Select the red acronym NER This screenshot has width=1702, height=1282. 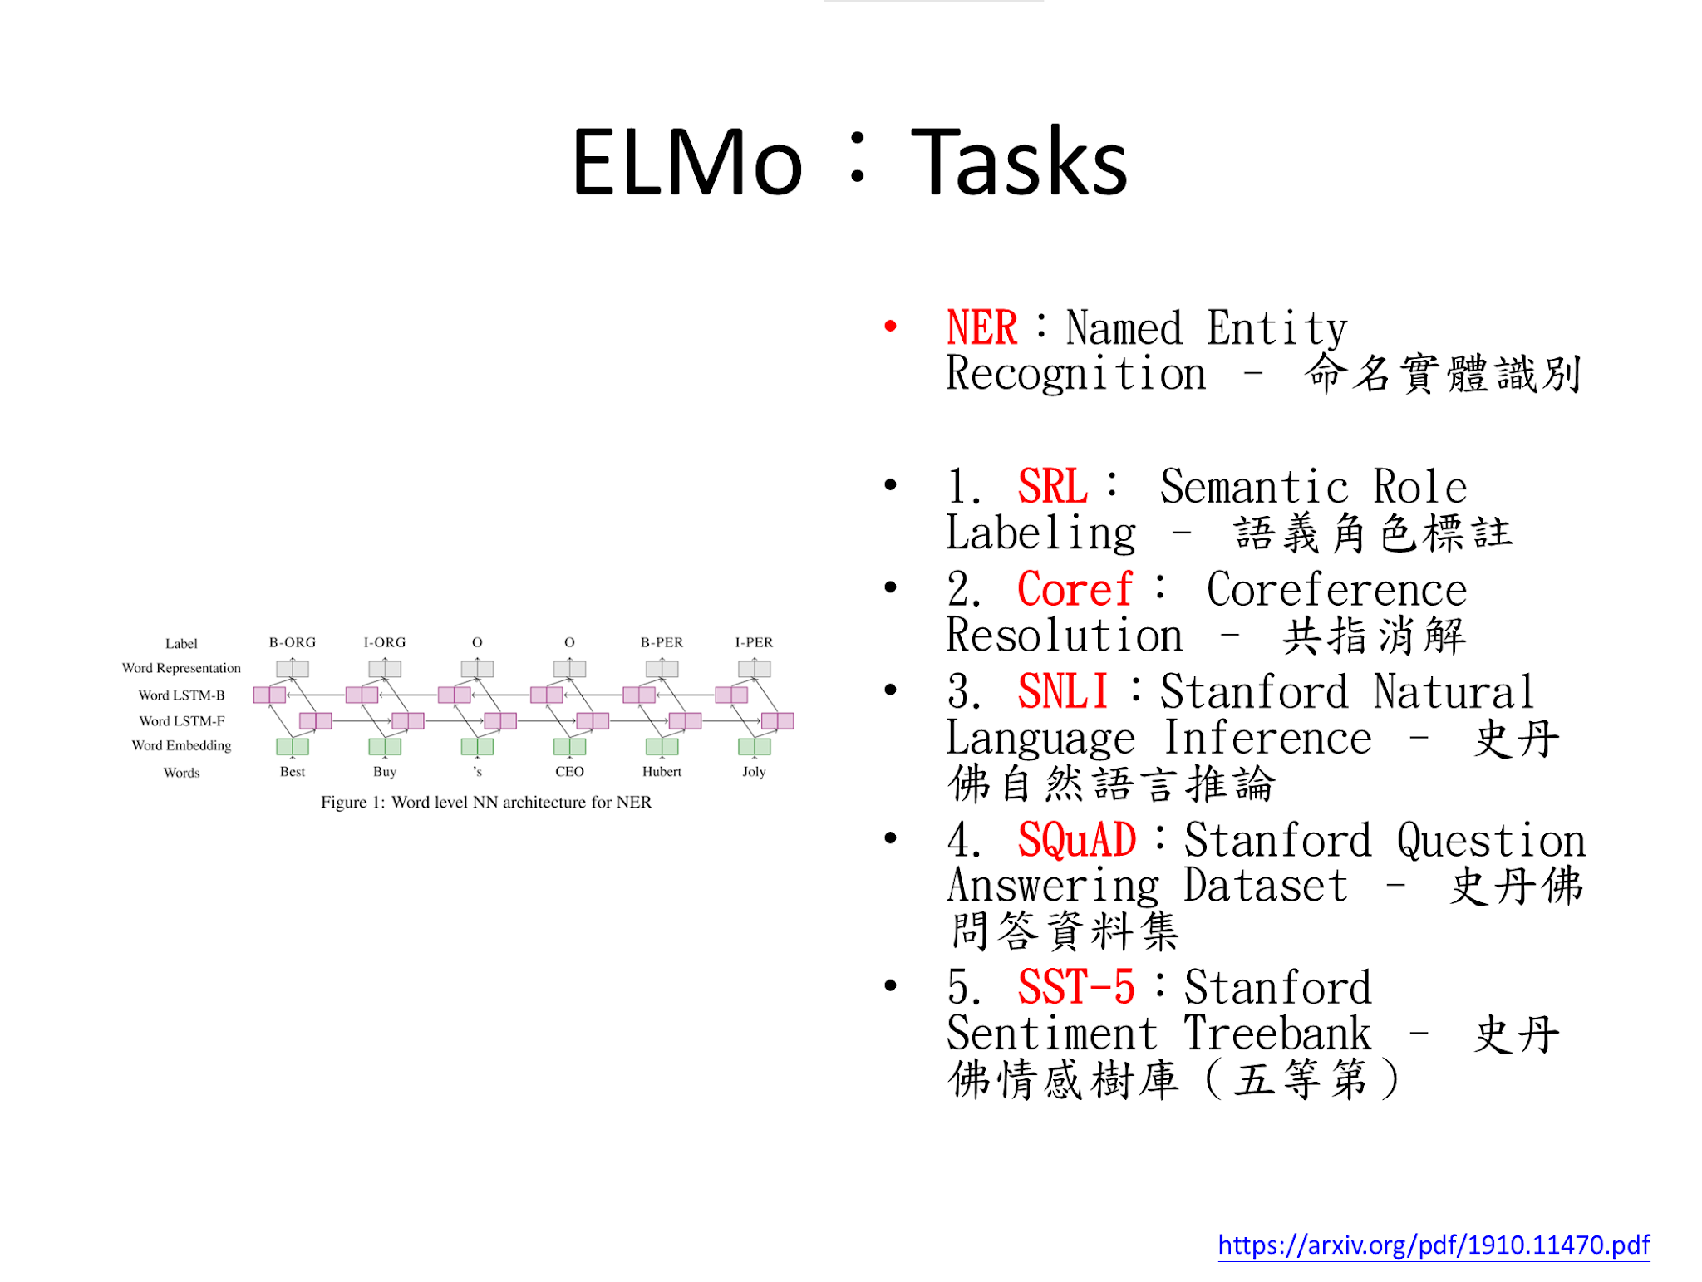click(x=981, y=327)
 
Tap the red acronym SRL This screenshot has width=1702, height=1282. click(x=1052, y=486)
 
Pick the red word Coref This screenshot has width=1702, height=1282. click(x=1075, y=589)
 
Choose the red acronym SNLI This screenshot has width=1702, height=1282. click(x=1063, y=691)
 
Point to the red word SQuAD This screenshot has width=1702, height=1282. click(x=1077, y=840)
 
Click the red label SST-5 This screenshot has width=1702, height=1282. click(x=1076, y=987)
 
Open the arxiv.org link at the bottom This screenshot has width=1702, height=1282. click(x=1434, y=1245)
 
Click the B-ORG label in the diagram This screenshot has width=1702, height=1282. click(x=293, y=642)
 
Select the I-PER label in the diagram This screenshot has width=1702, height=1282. click(x=754, y=642)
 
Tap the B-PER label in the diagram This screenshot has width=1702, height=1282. click(x=662, y=642)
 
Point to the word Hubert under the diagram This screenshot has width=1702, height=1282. click(x=662, y=772)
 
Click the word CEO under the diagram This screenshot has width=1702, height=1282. click(x=569, y=772)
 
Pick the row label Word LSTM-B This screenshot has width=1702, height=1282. click(x=181, y=695)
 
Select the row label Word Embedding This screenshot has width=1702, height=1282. click(x=181, y=746)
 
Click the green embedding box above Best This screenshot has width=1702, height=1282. click(x=293, y=747)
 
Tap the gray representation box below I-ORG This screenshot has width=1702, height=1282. click(x=385, y=669)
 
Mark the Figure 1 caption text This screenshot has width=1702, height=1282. click(x=486, y=803)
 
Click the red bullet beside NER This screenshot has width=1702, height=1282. click(x=890, y=327)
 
